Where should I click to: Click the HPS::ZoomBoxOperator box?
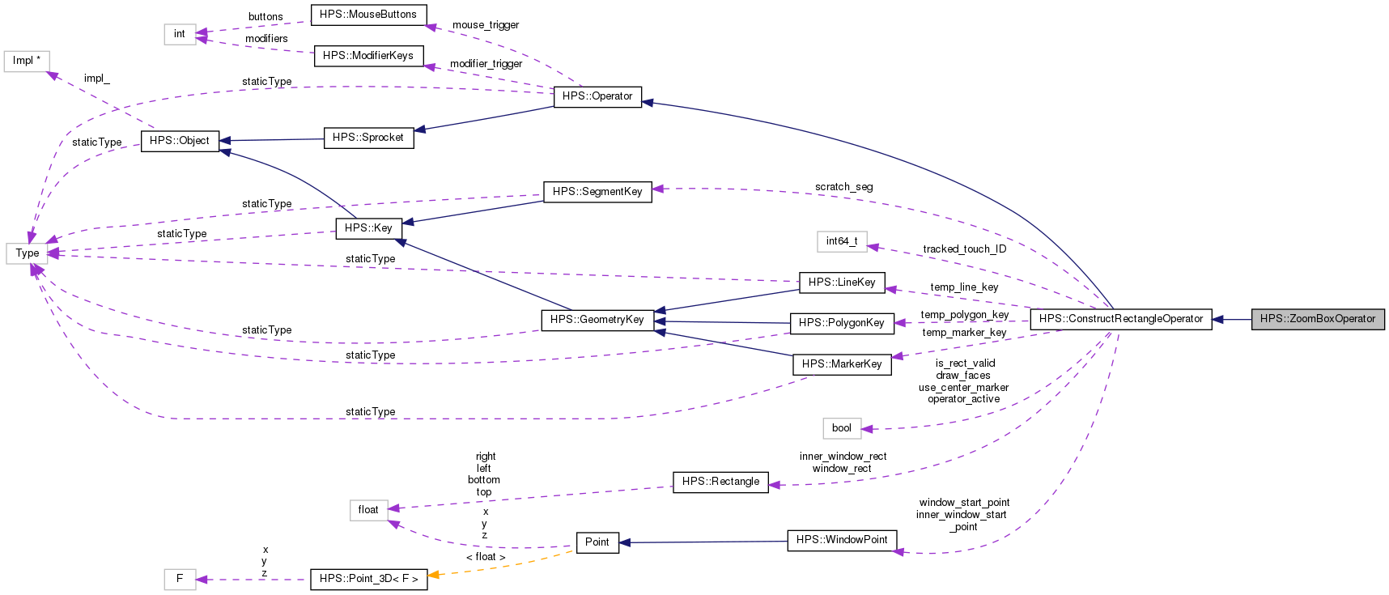click(1317, 319)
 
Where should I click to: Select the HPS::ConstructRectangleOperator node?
click(1120, 319)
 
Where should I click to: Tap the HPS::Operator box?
click(597, 96)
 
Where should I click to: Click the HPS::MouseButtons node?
click(367, 15)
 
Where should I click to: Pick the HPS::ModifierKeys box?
click(367, 56)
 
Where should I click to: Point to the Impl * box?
click(27, 61)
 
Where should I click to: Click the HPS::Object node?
click(179, 141)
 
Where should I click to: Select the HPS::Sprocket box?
click(367, 138)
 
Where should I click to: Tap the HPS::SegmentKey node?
click(597, 192)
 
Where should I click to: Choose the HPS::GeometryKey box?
click(597, 320)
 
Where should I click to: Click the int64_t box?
click(841, 241)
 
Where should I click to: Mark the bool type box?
click(841, 428)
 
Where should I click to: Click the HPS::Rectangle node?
click(720, 482)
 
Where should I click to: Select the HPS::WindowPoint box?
click(841, 540)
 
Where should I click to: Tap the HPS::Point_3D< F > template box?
click(368, 579)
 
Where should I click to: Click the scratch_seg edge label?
click(843, 187)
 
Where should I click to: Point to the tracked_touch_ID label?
click(964, 249)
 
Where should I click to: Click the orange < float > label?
click(485, 557)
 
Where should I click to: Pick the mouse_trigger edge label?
click(485, 25)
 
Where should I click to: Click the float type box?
click(368, 510)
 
